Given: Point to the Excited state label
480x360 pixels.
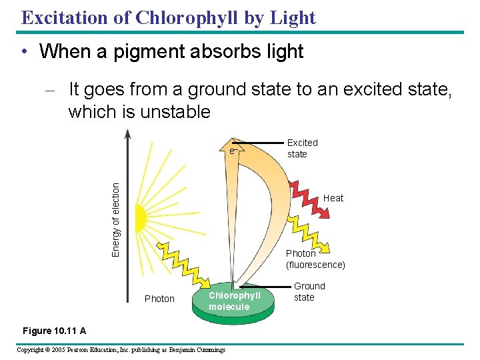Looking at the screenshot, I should tap(302, 148).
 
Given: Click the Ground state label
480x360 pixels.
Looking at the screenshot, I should tap(309, 291).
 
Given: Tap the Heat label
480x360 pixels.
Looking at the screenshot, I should tap(333, 198).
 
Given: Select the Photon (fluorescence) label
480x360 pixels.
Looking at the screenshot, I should tap(315, 259).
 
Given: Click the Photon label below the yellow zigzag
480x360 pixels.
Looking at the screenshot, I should tap(159, 299).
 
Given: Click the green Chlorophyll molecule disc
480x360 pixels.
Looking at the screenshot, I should tap(233, 301).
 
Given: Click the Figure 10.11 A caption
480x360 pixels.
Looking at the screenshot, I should tap(54, 331).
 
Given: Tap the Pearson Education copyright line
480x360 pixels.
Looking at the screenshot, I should tap(121, 350).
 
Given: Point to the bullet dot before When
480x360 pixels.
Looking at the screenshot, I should tap(23, 52).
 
